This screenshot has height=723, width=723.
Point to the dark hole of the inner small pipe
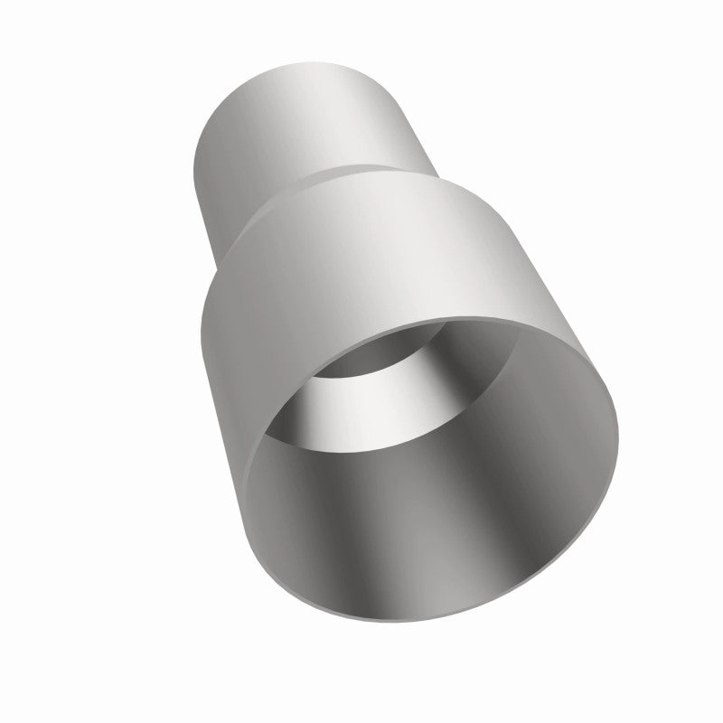pos(361,361)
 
